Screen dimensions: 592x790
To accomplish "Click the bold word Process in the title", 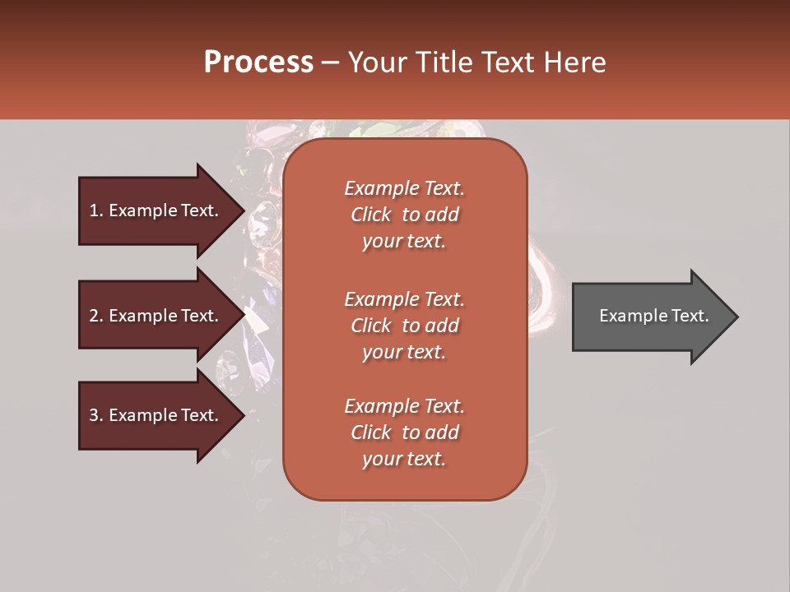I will pyautogui.click(x=258, y=62).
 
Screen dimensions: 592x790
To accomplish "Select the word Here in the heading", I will pyautogui.click(x=575, y=62).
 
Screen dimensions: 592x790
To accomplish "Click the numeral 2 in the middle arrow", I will pyautogui.click(x=93, y=316).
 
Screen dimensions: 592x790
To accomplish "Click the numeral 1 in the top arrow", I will pyautogui.click(x=93, y=210).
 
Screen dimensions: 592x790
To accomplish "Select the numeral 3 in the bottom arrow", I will pyautogui.click(x=93, y=415).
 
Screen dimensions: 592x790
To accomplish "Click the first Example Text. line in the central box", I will pyautogui.click(x=404, y=188).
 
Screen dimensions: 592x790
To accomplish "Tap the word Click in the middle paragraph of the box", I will pyautogui.click(x=371, y=326).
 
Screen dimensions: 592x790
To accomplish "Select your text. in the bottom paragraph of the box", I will pyautogui.click(x=404, y=459).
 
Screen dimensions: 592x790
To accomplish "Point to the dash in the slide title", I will pyautogui.click(x=330, y=63).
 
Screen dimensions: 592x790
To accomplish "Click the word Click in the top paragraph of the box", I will pyautogui.click(x=371, y=215).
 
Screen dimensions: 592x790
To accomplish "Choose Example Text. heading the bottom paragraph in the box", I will pyautogui.click(x=404, y=406).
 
